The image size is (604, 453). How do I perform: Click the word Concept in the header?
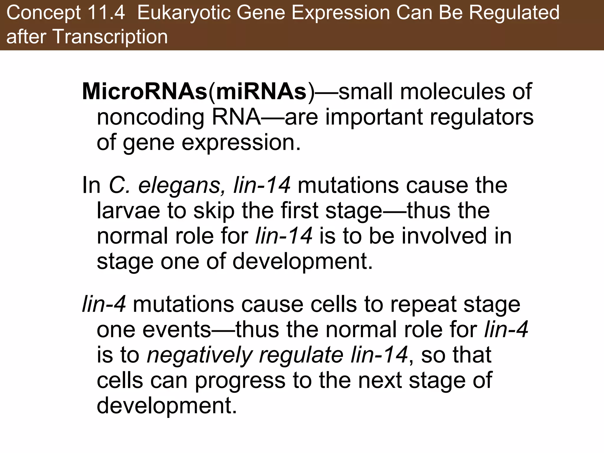(44, 13)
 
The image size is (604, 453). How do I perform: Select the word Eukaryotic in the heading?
(183, 13)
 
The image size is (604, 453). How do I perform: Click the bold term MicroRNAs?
(145, 92)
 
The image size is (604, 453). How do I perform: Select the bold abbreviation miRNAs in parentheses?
(261, 92)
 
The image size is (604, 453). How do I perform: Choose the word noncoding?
(150, 117)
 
